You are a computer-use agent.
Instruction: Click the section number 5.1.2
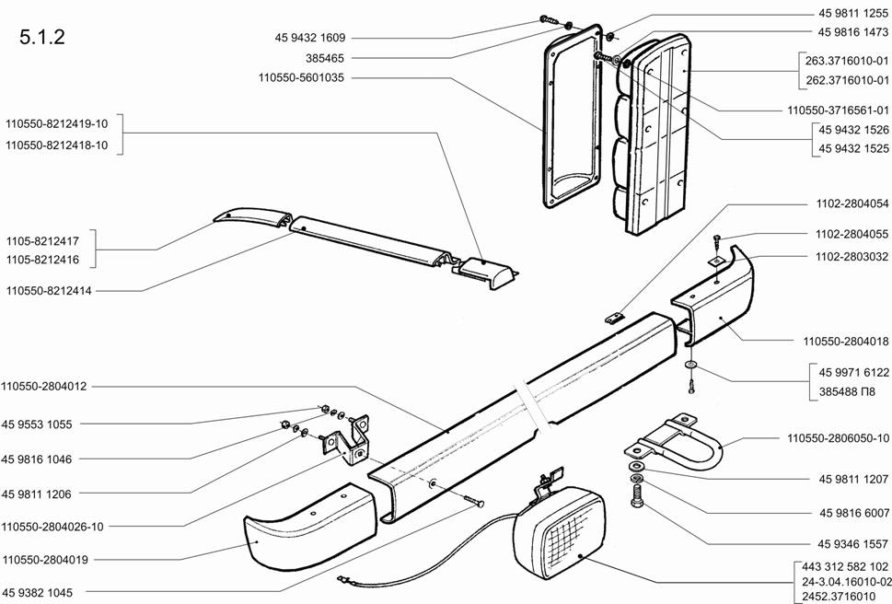pyautogui.click(x=42, y=37)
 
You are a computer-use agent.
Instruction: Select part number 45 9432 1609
pyautogui.click(x=310, y=38)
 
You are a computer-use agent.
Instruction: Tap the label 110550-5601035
pyautogui.click(x=301, y=78)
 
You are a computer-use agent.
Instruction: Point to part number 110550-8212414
pyautogui.click(x=49, y=291)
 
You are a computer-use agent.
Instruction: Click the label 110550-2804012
pyautogui.click(x=44, y=387)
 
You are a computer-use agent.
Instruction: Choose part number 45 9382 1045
pyautogui.click(x=37, y=593)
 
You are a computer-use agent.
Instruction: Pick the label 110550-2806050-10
pyautogui.click(x=838, y=438)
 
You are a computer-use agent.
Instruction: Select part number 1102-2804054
pyautogui.click(x=851, y=203)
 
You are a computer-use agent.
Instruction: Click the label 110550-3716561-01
pyautogui.click(x=838, y=110)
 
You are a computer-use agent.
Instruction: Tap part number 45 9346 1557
pyautogui.click(x=853, y=544)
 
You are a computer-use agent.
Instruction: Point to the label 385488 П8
pyautogui.click(x=847, y=392)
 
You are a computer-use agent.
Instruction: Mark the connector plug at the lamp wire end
pyautogui.click(x=342, y=579)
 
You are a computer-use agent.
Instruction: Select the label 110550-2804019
pyautogui.click(x=45, y=560)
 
